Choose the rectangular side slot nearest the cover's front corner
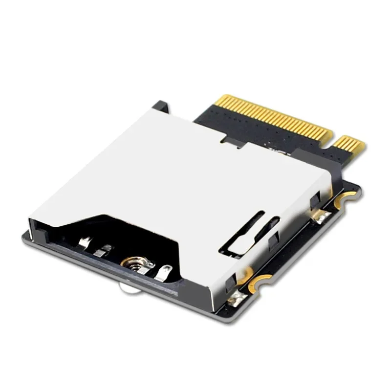pos(230,281)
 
